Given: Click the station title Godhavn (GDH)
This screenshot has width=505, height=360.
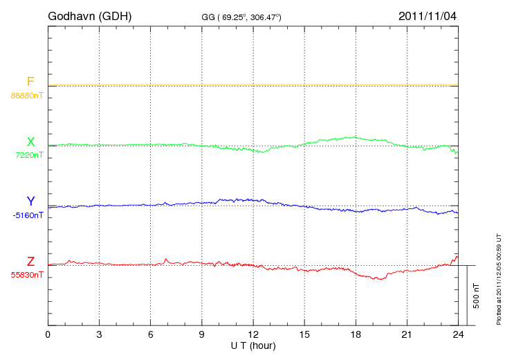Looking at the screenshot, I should click(90, 15).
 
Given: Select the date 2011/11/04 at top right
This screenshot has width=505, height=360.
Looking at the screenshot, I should click(428, 15).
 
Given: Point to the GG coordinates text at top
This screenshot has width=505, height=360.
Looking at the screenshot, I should click(241, 16).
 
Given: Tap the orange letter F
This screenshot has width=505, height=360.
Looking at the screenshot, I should click(30, 82).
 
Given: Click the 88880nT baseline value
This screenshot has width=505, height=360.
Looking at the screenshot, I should click(26, 95).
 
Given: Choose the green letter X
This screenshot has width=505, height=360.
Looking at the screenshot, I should click(30, 142).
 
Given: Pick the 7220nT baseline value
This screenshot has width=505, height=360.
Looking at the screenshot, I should click(28, 155).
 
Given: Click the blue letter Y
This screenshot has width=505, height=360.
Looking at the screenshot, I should click(30, 201).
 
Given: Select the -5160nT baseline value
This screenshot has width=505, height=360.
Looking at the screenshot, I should click(28, 215).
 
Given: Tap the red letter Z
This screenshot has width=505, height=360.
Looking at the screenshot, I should click(30, 262).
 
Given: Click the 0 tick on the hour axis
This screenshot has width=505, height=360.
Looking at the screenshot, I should click(48, 334).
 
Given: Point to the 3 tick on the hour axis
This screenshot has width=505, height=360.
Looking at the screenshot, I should click(99, 334).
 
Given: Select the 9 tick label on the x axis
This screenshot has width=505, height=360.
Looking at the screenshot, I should click(201, 334).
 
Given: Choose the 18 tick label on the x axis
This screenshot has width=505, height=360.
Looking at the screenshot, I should click(356, 334).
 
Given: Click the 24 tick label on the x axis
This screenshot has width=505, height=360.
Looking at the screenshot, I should click(458, 334).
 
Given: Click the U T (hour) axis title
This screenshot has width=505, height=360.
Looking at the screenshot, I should click(253, 345).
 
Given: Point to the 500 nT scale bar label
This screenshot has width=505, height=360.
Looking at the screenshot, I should click(477, 295).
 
